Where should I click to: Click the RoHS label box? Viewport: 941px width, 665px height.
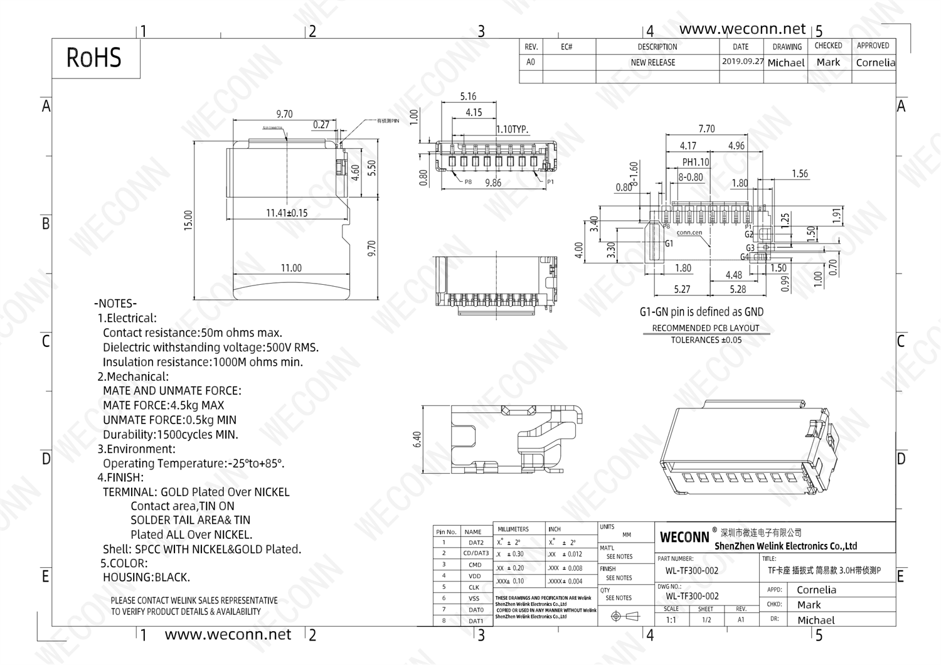[x=94, y=58]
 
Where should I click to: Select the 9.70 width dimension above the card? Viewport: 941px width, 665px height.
[x=284, y=114]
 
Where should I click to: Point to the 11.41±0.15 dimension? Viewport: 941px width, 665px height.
[x=287, y=213]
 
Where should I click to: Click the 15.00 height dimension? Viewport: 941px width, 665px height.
[x=188, y=220]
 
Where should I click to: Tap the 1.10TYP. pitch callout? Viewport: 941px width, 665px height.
[x=512, y=129]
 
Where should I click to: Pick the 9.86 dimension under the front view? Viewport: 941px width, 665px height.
[x=493, y=183]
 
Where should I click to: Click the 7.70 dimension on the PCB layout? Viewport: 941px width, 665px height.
[x=706, y=129]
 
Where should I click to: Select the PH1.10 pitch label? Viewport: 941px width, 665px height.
[x=695, y=162]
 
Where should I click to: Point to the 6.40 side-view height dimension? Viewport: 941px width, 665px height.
[x=417, y=439]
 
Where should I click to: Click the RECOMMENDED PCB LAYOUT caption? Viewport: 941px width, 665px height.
[x=706, y=328]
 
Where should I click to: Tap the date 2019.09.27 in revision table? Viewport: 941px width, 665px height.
[x=742, y=61]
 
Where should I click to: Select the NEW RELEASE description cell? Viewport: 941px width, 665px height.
[x=652, y=63]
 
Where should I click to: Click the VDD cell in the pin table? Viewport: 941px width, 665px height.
[x=475, y=576]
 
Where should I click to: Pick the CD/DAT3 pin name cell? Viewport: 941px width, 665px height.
[x=476, y=553]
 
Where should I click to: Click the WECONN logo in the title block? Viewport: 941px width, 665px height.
[x=684, y=537]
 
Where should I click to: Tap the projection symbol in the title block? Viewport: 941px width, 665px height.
[x=625, y=616]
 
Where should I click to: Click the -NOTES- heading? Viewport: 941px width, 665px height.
[x=115, y=304]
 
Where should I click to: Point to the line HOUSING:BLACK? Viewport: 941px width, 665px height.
[x=146, y=577]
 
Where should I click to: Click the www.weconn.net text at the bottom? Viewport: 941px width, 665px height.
[x=228, y=634]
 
